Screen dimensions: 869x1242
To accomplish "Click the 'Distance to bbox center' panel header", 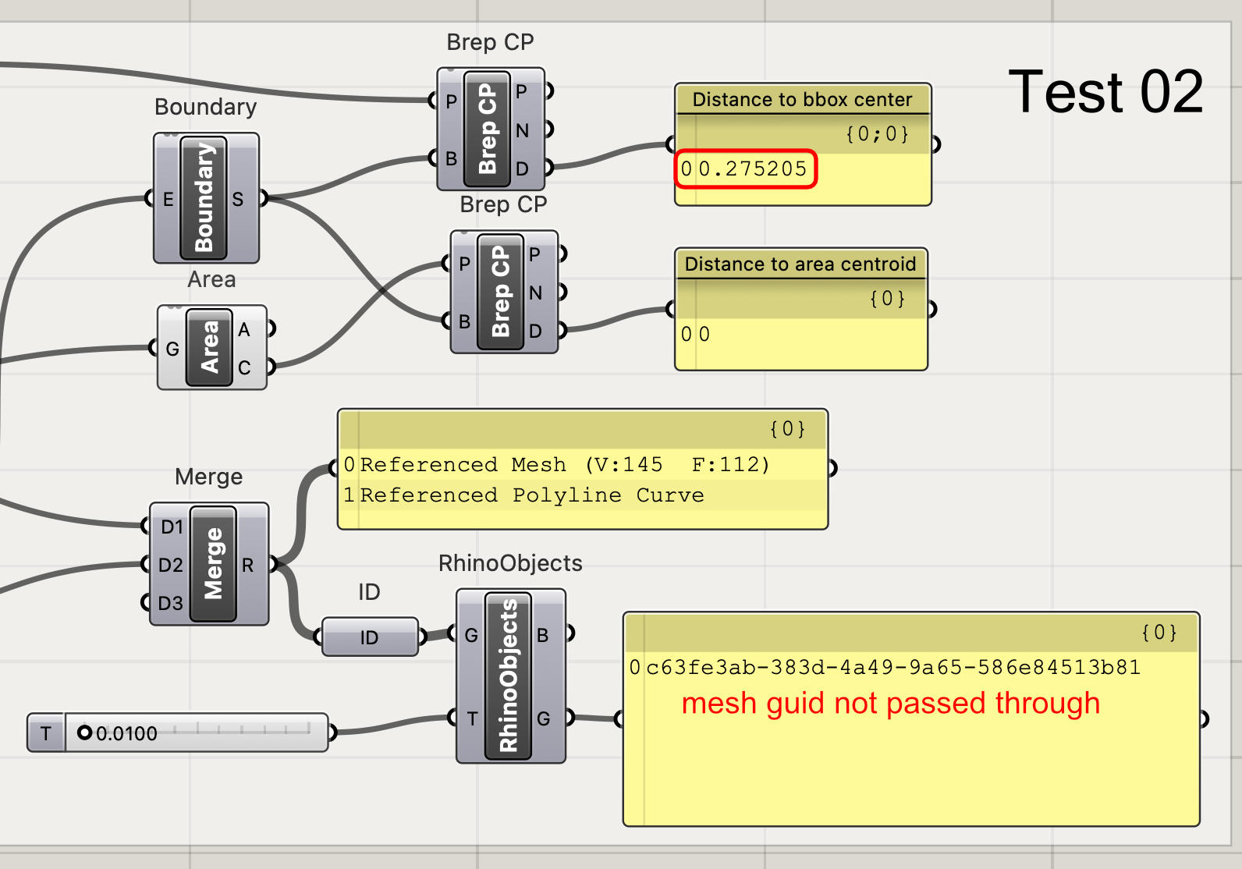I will click(x=802, y=100).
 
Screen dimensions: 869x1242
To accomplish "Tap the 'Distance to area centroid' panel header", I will click(x=800, y=264).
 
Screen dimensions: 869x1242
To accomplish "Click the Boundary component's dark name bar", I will click(x=204, y=197).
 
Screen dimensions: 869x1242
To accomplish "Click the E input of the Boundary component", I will click(x=167, y=200).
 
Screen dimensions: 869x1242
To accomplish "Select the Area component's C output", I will click(x=245, y=367).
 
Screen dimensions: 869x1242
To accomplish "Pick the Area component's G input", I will click(x=172, y=349).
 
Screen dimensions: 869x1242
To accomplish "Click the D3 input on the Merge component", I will click(x=170, y=603).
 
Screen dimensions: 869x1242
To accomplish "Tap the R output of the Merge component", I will click(x=248, y=565).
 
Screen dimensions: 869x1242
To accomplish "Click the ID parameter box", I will click(x=369, y=637).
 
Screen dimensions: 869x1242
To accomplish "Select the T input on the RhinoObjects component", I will click(x=471, y=718).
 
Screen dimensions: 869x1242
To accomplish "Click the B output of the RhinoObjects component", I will click(x=543, y=635).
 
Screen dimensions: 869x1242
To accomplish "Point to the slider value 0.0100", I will click(x=126, y=733).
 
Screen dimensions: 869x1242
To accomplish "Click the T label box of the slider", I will click(x=46, y=733).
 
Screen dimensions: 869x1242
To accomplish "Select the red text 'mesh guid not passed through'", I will click(x=890, y=703).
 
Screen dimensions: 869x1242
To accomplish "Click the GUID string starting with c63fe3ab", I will click(x=893, y=668).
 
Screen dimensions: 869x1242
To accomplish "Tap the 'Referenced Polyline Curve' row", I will click(x=531, y=495).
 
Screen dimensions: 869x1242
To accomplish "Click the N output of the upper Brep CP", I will click(x=522, y=130).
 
